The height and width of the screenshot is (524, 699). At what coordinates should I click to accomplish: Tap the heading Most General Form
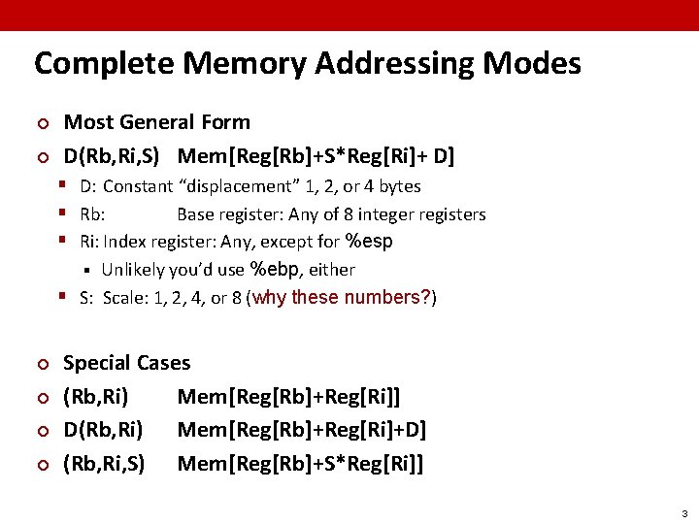[156, 122]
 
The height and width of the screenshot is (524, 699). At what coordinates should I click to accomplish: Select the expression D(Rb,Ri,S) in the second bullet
[111, 155]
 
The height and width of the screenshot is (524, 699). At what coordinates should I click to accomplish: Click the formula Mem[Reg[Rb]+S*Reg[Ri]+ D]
[316, 155]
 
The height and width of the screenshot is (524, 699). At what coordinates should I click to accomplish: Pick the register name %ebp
[274, 269]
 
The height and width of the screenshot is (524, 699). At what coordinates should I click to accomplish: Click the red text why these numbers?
[341, 297]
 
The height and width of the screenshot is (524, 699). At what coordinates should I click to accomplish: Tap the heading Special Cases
[126, 363]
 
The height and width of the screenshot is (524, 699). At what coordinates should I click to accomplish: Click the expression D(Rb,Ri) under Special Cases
[102, 430]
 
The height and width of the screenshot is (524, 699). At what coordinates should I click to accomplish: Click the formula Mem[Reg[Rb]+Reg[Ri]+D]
[301, 430]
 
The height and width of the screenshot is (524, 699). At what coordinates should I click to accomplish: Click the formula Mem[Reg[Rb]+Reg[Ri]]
[288, 397]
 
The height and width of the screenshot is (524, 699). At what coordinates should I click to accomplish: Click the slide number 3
[683, 513]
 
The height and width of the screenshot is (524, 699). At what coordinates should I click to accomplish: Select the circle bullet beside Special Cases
[41, 364]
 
